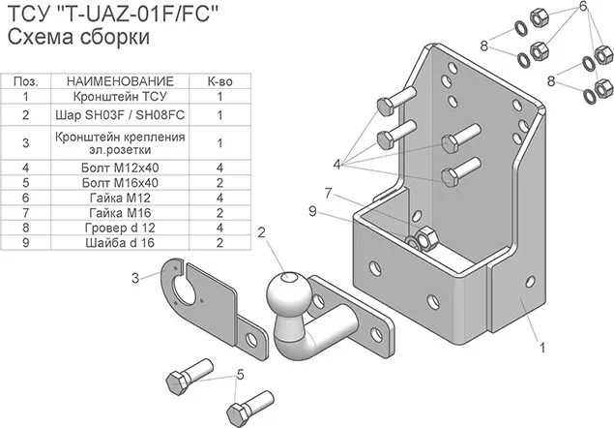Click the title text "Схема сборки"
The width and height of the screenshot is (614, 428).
[x=77, y=38]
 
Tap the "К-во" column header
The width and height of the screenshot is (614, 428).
[x=220, y=82]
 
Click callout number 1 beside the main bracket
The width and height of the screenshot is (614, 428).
[x=542, y=345]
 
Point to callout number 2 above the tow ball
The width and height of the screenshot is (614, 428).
[x=261, y=231]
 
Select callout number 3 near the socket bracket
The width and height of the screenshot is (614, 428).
[x=135, y=279]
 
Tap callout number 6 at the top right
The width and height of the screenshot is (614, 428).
[x=583, y=8]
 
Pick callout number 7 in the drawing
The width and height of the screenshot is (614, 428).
[x=330, y=195]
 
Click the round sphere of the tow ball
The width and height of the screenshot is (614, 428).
[x=285, y=290]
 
